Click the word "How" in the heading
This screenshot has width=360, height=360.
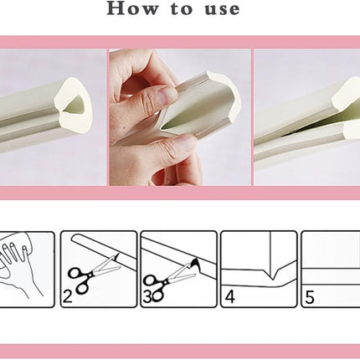(x=132, y=8)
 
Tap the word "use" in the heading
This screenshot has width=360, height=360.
(x=223, y=9)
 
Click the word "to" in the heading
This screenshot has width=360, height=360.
(x=182, y=8)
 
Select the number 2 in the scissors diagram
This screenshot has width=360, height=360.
(x=68, y=296)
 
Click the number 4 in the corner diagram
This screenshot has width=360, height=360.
(x=229, y=296)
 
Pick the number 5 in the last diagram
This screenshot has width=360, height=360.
(x=310, y=297)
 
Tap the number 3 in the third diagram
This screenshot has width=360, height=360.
(x=147, y=297)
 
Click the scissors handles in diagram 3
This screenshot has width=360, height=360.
(x=155, y=287)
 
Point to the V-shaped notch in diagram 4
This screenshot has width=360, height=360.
(x=272, y=275)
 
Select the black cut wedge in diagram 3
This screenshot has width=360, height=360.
(x=196, y=264)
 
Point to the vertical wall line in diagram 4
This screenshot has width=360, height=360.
(x=270, y=254)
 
